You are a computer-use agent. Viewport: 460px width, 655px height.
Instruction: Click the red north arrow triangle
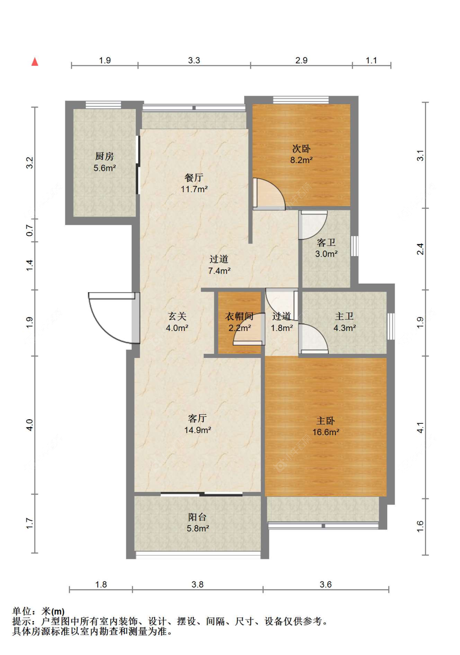coord(35,62)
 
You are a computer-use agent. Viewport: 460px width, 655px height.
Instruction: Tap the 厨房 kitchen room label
coord(104,162)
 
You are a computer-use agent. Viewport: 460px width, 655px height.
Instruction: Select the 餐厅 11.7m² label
coord(194,183)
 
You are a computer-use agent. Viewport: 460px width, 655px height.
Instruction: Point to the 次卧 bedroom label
coord(301,154)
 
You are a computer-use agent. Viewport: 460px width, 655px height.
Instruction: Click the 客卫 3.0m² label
coord(326,248)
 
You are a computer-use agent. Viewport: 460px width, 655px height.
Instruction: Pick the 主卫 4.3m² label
coord(345,322)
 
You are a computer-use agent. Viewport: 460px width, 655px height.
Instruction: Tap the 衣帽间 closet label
coord(239,322)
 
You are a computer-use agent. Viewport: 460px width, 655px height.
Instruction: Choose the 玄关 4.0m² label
coord(177,322)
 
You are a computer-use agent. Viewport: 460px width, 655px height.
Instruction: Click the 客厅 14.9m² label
coord(197,424)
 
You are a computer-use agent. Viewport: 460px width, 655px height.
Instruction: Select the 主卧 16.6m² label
coord(326,426)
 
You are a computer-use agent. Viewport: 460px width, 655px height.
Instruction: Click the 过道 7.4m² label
coord(219,265)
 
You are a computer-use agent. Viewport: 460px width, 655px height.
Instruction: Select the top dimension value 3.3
coord(194,60)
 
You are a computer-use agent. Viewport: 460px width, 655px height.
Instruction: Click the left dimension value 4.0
coord(30,425)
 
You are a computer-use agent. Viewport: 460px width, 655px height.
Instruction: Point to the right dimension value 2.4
coord(420,249)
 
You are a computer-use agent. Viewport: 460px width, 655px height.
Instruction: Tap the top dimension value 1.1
coord(371,60)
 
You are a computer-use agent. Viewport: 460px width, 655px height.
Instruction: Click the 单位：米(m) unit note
coord(38,611)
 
